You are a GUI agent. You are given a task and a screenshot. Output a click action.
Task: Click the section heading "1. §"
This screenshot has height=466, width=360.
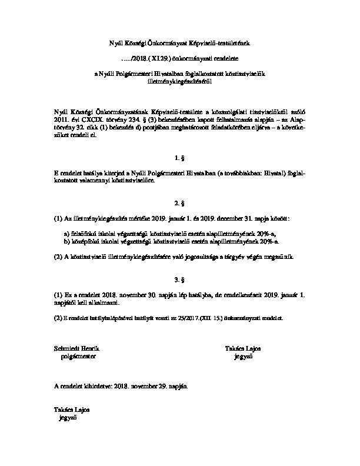(180, 158)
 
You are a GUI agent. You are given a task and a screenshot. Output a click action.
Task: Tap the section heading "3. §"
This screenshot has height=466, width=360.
(180, 278)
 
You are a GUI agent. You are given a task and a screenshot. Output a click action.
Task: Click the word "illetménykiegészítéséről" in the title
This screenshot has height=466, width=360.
(180, 84)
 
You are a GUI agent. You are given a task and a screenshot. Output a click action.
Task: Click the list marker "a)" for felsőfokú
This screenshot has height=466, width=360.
(68, 234)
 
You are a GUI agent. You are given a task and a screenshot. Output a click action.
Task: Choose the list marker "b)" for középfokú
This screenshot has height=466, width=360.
(68, 242)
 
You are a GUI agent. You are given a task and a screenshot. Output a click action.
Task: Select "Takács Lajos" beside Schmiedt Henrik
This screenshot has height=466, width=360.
(243, 348)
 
